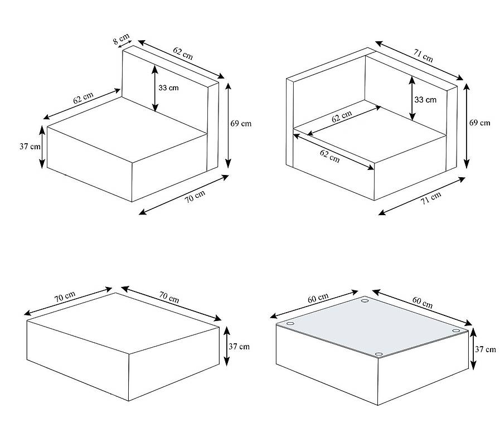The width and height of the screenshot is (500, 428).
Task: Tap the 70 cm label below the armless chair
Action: [195, 197]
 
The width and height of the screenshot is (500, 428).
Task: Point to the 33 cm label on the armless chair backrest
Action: [168, 87]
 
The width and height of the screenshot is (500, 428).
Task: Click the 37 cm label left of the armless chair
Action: [30, 147]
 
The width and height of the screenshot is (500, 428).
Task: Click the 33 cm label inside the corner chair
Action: [426, 100]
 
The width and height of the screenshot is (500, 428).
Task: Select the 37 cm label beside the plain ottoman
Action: [239, 346]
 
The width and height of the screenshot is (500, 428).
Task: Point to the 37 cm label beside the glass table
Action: [486, 349]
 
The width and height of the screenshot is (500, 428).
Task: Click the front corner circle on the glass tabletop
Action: [380, 354]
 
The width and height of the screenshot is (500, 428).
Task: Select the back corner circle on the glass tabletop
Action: [365, 301]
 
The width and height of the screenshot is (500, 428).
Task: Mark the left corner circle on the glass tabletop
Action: [290, 324]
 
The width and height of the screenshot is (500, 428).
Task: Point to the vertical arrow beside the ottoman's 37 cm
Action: [226, 346]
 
